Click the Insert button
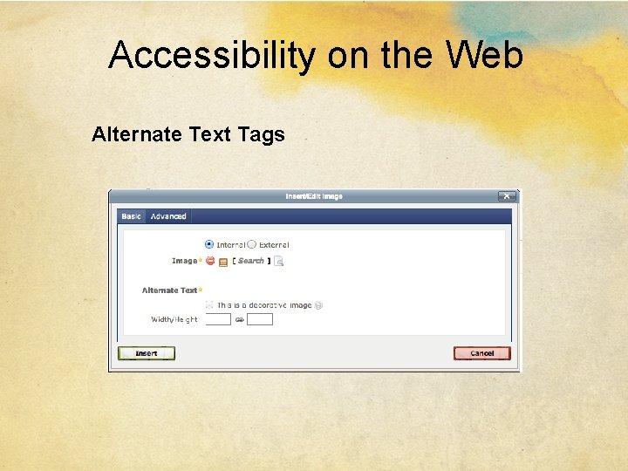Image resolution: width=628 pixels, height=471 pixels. (x=146, y=353)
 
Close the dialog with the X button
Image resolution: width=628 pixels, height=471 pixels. (x=506, y=196)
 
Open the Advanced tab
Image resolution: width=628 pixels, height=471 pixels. (x=168, y=216)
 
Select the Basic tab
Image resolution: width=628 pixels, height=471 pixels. (x=131, y=216)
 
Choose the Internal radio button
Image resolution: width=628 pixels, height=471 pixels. (x=209, y=245)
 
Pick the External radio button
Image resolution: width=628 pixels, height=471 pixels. (x=252, y=245)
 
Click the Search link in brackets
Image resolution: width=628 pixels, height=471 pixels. (x=250, y=261)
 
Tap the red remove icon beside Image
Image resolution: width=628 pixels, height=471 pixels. (x=210, y=261)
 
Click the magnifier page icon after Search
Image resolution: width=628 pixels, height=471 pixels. (x=279, y=261)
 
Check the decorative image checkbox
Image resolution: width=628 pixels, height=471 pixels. (x=209, y=305)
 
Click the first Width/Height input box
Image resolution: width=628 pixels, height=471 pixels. (x=218, y=319)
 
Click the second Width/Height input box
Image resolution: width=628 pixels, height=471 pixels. (x=260, y=319)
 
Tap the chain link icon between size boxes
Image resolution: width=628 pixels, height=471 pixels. (x=239, y=320)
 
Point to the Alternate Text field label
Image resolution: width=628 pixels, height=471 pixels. (x=170, y=290)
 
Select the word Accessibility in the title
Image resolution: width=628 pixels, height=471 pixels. (x=212, y=56)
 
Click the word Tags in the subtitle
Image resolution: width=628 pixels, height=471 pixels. (x=262, y=134)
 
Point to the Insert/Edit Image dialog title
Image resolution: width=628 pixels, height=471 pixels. (x=314, y=196)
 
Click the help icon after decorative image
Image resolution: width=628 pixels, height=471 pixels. (x=318, y=305)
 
